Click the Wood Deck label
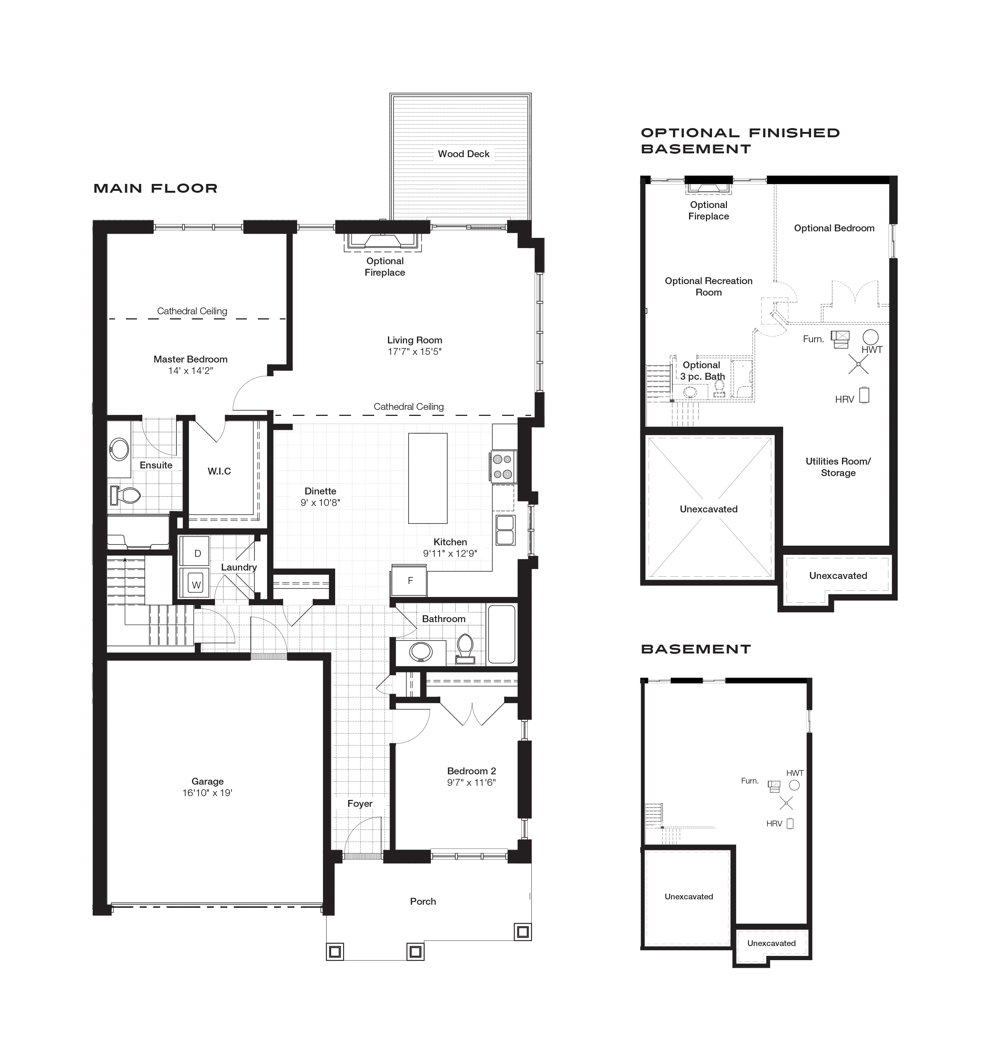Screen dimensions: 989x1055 point(463,154)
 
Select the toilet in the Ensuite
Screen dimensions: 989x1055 point(125,496)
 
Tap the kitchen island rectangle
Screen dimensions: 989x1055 point(427,478)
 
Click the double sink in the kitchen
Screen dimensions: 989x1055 point(505,530)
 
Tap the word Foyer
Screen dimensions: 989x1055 point(360,803)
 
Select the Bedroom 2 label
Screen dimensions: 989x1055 point(471,771)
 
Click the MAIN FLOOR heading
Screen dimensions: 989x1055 point(156,189)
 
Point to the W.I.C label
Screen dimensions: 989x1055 point(219,471)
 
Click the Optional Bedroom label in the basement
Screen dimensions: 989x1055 point(834,228)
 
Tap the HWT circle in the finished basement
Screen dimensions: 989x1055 point(870,336)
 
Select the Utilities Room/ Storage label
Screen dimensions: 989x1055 point(838,467)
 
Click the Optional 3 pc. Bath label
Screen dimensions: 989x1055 point(702,371)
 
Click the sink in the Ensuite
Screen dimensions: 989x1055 point(119,449)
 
